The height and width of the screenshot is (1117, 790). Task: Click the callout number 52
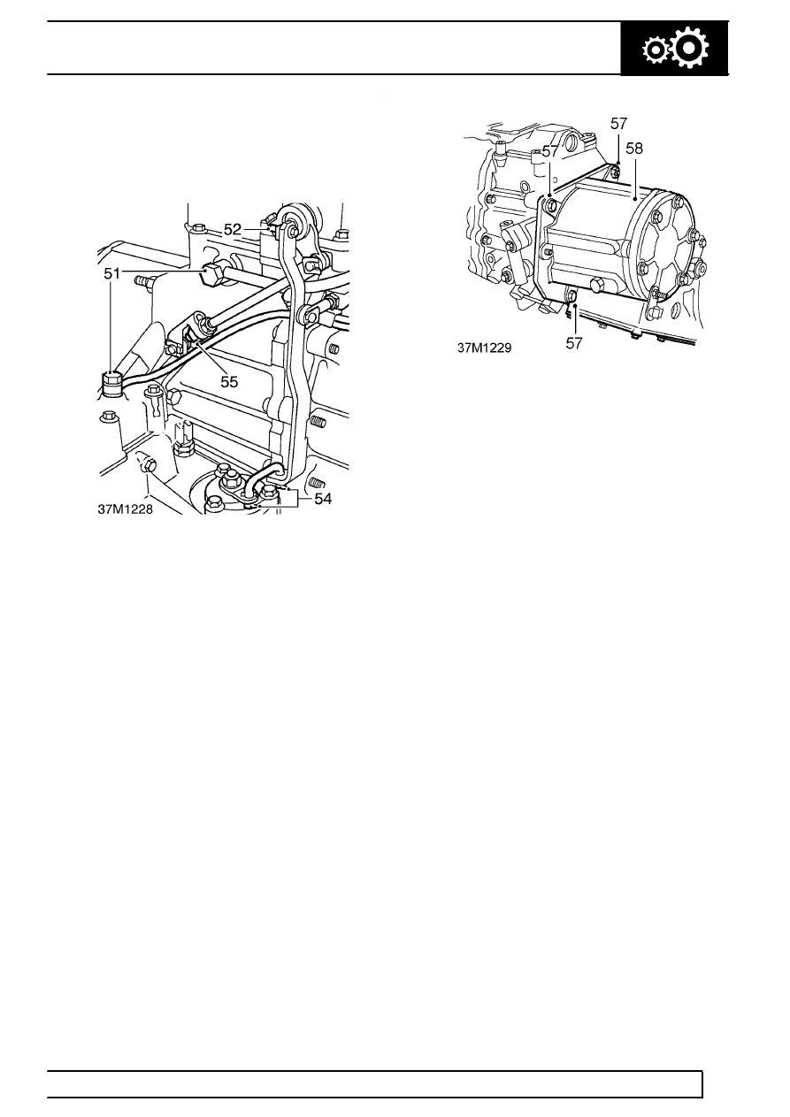tap(233, 229)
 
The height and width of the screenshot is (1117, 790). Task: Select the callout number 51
tap(112, 273)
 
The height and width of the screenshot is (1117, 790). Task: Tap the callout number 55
tap(229, 382)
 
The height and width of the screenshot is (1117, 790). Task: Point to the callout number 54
tap(323, 499)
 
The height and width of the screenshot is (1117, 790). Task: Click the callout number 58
tap(634, 149)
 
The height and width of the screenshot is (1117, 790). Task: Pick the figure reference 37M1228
tap(126, 510)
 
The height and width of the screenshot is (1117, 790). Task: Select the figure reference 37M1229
tap(484, 348)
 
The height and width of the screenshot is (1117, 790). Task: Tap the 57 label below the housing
tap(574, 343)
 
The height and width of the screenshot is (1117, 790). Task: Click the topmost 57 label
tap(618, 123)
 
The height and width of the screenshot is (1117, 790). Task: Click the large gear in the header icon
tap(690, 49)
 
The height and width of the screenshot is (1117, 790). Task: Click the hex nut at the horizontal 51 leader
tap(214, 275)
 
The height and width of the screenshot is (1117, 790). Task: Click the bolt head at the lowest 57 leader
tap(571, 296)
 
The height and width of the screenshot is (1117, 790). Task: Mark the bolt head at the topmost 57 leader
tap(616, 171)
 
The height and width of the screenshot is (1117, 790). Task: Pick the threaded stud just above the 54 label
tap(316, 482)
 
